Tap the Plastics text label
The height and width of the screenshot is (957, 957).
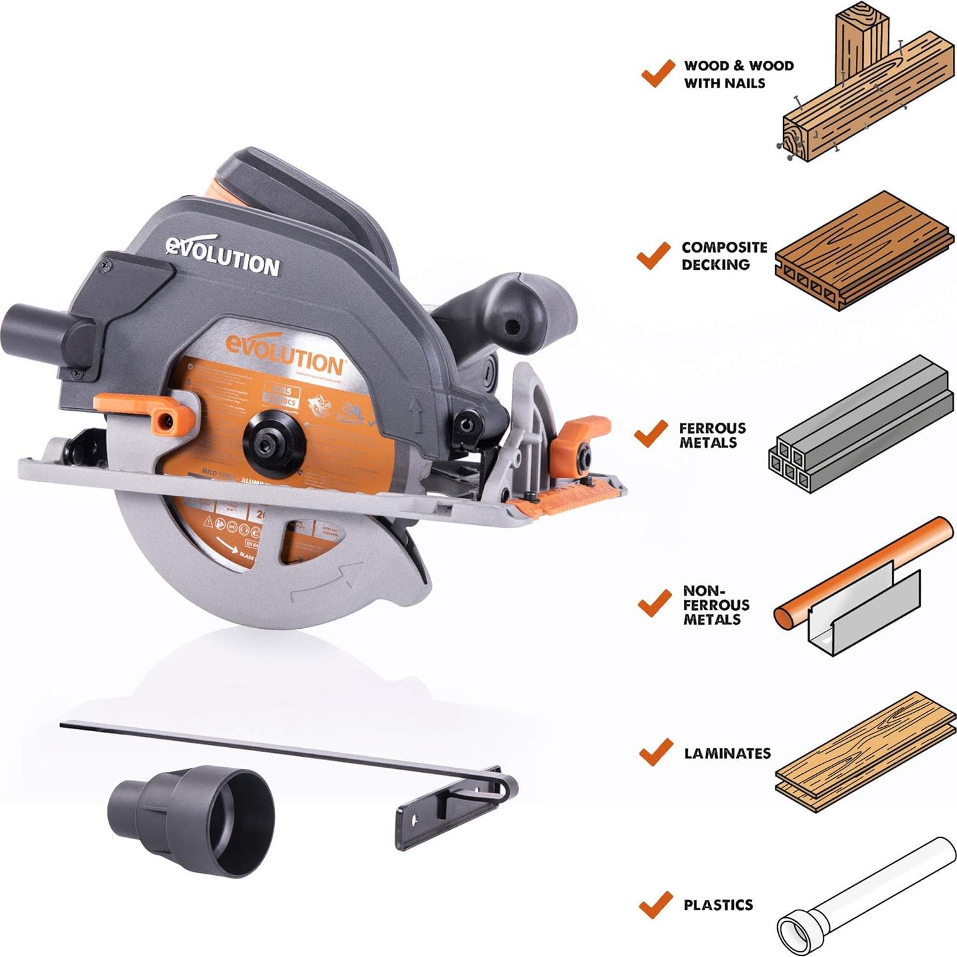[718, 905]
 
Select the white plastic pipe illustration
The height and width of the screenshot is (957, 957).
[864, 896]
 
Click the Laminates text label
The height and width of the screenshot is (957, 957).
[727, 754]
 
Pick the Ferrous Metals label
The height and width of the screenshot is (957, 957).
[712, 435]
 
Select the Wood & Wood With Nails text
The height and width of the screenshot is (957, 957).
[738, 74]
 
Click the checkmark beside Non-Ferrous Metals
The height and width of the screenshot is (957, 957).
[655, 603]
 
